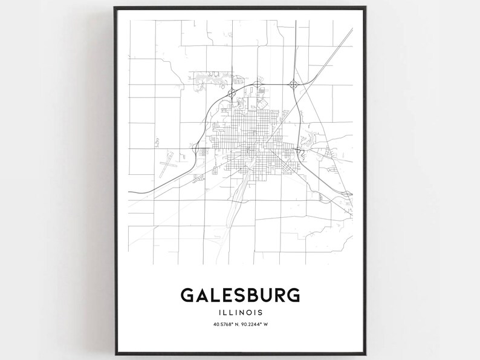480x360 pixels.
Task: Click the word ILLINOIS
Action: point(240,313)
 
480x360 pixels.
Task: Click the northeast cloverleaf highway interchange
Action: point(294,85)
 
